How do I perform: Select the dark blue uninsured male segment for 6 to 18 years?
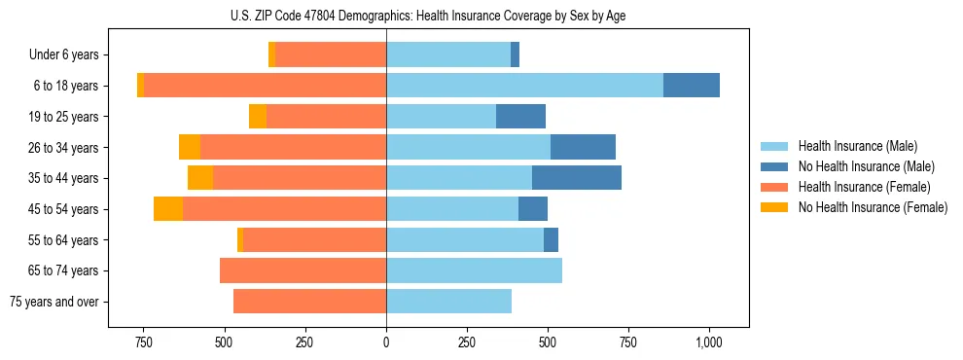click(x=691, y=86)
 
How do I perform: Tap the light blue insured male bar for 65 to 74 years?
click(x=474, y=270)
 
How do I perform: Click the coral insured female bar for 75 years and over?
click(x=309, y=302)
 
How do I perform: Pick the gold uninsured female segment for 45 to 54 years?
click(x=168, y=209)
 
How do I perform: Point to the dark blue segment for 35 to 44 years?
click(x=576, y=178)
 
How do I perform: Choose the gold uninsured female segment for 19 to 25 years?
click(x=258, y=117)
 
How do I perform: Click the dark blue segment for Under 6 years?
click(x=515, y=54)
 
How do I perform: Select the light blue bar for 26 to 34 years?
click(x=468, y=147)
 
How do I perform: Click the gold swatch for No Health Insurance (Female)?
click(x=775, y=207)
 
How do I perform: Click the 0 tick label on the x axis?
click(x=386, y=342)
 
